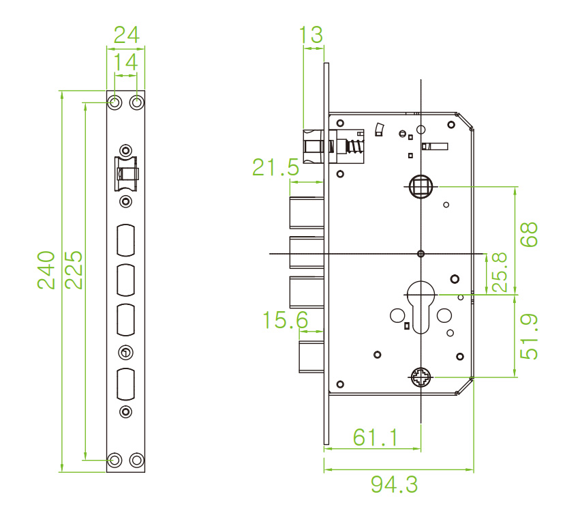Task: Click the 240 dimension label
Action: (46, 270)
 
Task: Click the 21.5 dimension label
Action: (275, 166)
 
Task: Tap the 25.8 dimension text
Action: (500, 272)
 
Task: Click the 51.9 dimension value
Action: (528, 336)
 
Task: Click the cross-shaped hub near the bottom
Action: (421, 377)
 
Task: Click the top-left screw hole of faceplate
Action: (115, 102)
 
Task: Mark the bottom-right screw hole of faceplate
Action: (137, 459)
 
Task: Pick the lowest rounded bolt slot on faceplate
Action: (126, 384)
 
